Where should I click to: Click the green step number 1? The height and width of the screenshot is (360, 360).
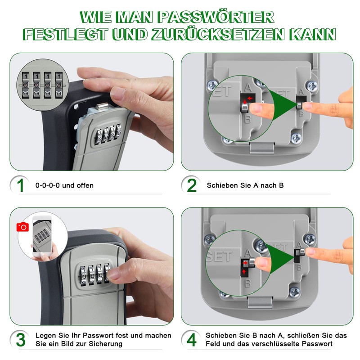coord(20,185)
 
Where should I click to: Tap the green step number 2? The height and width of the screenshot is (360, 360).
coord(192,185)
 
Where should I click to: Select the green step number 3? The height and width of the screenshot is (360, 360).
coord(20,340)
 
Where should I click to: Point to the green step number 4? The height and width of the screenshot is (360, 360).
coord(192,340)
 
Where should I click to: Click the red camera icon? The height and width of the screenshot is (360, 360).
coord(22,227)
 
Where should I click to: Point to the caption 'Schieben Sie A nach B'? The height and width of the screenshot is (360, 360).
coord(245,185)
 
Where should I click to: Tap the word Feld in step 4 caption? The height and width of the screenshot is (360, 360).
coord(214,344)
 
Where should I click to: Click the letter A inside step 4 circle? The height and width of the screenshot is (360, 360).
coord(247,254)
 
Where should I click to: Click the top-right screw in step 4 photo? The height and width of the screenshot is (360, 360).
coord(309,238)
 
